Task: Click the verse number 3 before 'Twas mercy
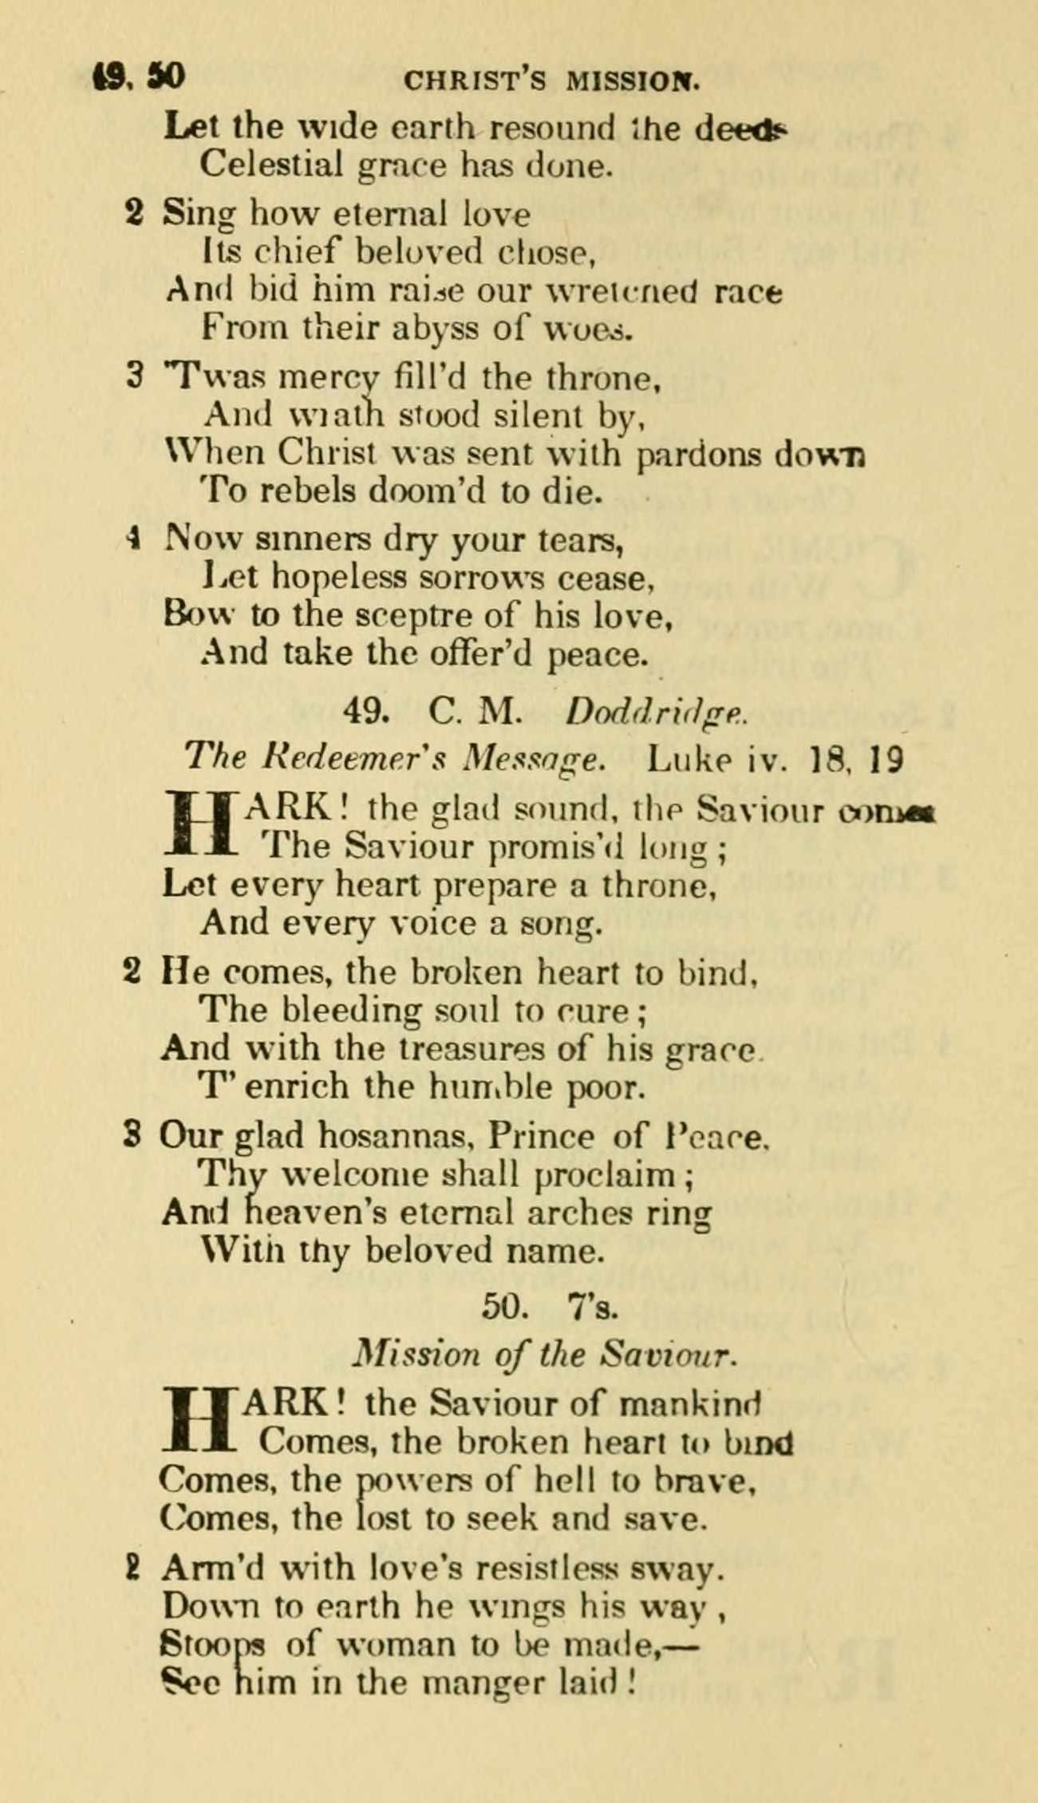[135, 376]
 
